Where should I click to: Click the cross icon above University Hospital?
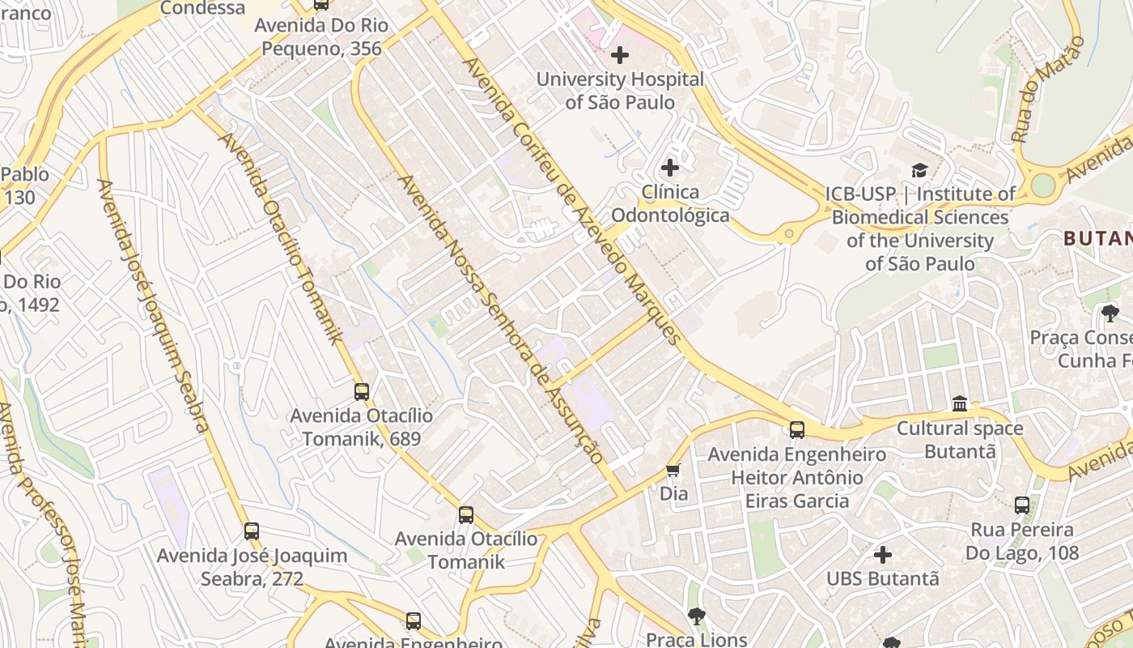pyautogui.click(x=620, y=55)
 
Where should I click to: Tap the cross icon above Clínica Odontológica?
pyautogui.click(x=670, y=168)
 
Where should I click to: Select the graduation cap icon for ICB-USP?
pyautogui.click(x=919, y=170)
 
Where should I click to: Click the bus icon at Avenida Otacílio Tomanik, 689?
pyautogui.click(x=362, y=392)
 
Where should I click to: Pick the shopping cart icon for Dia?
pyautogui.click(x=673, y=470)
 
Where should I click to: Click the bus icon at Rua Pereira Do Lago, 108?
pyautogui.click(x=1022, y=505)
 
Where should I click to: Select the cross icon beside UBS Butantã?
pyautogui.click(x=883, y=555)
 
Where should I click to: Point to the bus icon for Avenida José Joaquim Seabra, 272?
pyautogui.click(x=252, y=531)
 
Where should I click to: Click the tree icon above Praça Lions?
pyautogui.click(x=696, y=617)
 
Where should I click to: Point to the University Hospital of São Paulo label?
pyautogui.click(x=620, y=91)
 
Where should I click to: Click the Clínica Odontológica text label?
pyautogui.click(x=670, y=203)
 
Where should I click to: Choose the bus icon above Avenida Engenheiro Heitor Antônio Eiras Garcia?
pyautogui.click(x=797, y=429)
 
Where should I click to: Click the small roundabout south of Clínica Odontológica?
pyautogui.click(x=789, y=234)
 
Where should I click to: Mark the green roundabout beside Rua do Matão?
pyautogui.click(x=1043, y=185)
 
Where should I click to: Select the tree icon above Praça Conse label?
pyautogui.click(x=1110, y=313)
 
